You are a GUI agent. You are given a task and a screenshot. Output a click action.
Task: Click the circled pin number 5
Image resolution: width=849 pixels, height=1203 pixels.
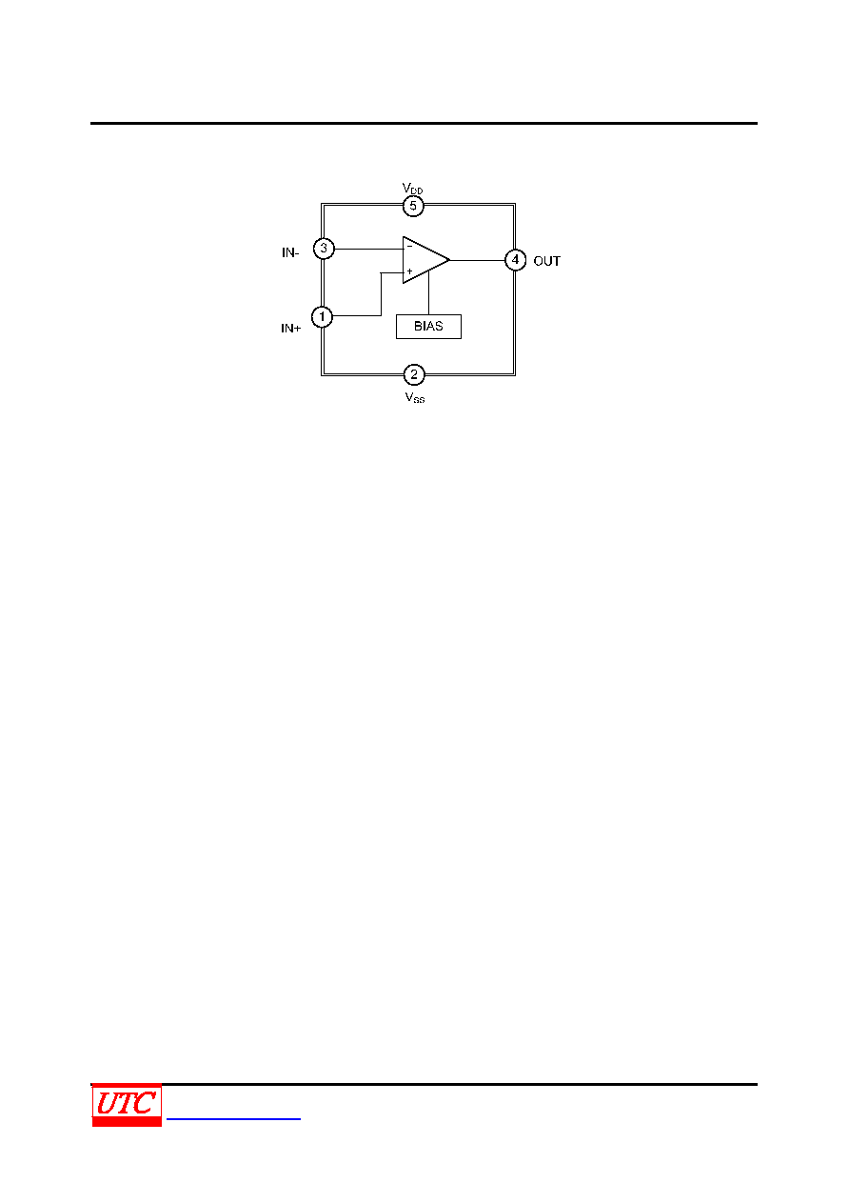pyautogui.click(x=413, y=207)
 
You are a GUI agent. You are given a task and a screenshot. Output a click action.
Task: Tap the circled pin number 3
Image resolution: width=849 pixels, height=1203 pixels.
pyautogui.click(x=324, y=249)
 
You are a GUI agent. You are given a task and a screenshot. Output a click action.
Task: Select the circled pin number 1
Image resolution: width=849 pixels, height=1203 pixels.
pyautogui.click(x=322, y=317)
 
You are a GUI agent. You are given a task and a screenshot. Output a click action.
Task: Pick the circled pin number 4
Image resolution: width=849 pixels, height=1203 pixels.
pyautogui.click(x=515, y=260)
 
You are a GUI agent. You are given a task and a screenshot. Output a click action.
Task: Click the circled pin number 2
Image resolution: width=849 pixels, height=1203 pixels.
pyautogui.click(x=414, y=375)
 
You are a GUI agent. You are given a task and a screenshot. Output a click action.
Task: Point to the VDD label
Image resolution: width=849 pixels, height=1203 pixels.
pyautogui.click(x=412, y=188)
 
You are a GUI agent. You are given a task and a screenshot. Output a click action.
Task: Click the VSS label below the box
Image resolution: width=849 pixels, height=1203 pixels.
pyautogui.click(x=415, y=397)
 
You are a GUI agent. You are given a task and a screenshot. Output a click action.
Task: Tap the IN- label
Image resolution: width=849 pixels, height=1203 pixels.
pyautogui.click(x=290, y=252)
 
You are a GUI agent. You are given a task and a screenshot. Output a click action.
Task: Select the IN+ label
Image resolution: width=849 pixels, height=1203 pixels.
pyautogui.click(x=291, y=329)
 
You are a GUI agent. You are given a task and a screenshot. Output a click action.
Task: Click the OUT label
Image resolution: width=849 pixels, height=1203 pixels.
pyautogui.click(x=547, y=262)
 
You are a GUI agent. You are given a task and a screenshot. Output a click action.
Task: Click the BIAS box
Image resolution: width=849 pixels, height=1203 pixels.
pyautogui.click(x=428, y=327)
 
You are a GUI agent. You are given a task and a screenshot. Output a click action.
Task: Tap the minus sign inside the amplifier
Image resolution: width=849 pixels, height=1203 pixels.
pyautogui.click(x=409, y=247)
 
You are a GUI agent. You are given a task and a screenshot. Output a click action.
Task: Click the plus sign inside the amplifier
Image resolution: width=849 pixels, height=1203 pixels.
pyautogui.click(x=409, y=271)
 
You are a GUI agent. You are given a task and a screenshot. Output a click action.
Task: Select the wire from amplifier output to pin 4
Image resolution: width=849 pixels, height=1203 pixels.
pyautogui.click(x=477, y=260)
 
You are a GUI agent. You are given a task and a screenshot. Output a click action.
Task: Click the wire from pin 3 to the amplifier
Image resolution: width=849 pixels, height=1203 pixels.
pyautogui.click(x=368, y=250)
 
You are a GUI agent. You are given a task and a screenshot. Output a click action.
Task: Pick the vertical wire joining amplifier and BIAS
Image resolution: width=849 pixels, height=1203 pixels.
pyautogui.click(x=429, y=293)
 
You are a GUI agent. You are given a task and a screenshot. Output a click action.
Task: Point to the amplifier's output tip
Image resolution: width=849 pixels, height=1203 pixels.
pyautogui.click(x=450, y=260)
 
